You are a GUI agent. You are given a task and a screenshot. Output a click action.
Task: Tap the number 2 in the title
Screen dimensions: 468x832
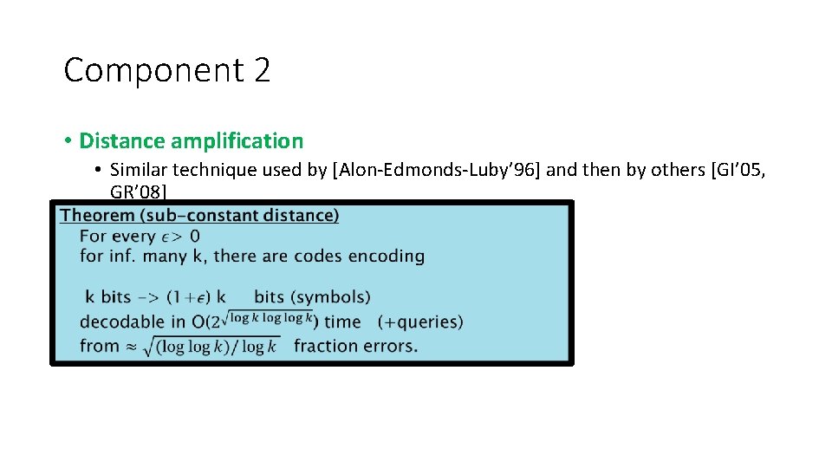(263, 70)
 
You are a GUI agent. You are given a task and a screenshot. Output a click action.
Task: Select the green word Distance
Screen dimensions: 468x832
(122, 140)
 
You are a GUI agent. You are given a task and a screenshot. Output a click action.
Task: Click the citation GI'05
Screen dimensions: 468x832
(738, 170)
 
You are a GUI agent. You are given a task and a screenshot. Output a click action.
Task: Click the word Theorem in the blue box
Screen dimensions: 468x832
(97, 215)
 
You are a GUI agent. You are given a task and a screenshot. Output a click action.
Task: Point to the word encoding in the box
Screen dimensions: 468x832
(387, 257)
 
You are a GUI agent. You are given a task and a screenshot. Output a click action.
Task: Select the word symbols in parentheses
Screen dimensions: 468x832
(336, 297)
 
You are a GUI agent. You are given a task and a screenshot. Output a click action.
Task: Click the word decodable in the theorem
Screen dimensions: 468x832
(121, 322)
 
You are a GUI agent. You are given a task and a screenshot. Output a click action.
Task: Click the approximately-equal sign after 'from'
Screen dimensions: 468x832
(131, 346)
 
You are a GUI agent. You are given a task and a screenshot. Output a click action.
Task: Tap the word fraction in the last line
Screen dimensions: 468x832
(326, 346)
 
